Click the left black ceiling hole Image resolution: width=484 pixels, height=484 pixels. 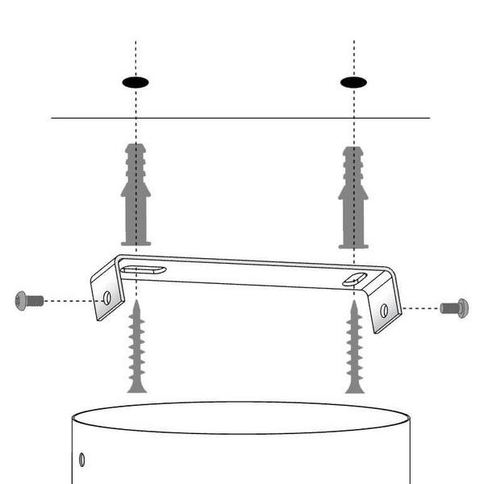click(x=136, y=81)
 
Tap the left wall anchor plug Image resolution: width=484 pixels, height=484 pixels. click(x=135, y=194)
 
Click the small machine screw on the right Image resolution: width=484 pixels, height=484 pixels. click(x=454, y=307)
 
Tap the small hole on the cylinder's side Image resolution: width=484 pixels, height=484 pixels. click(x=81, y=460)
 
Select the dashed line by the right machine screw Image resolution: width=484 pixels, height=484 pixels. click(x=419, y=307)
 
